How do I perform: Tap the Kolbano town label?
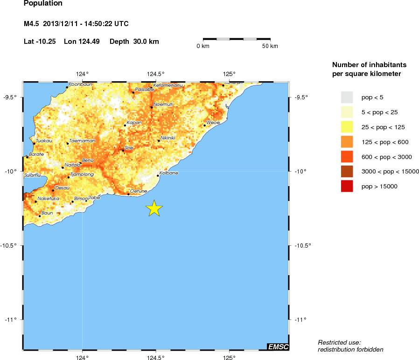click(168, 173)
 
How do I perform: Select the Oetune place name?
click(139, 191)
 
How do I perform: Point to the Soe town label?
click(129, 147)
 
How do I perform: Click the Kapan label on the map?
click(134, 123)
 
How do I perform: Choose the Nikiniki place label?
click(168, 138)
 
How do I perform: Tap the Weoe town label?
click(213, 123)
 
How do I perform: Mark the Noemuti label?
click(163, 104)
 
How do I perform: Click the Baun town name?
click(47, 213)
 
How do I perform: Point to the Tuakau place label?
click(44, 140)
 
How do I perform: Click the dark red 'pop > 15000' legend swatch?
click(347, 187)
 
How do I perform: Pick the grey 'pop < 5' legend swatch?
click(347, 97)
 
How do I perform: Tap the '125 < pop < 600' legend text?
click(384, 142)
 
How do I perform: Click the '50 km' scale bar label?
click(270, 46)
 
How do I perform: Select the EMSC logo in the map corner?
click(278, 346)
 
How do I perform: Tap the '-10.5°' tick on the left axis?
click(12, 246)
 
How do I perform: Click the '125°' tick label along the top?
click(229, 74)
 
